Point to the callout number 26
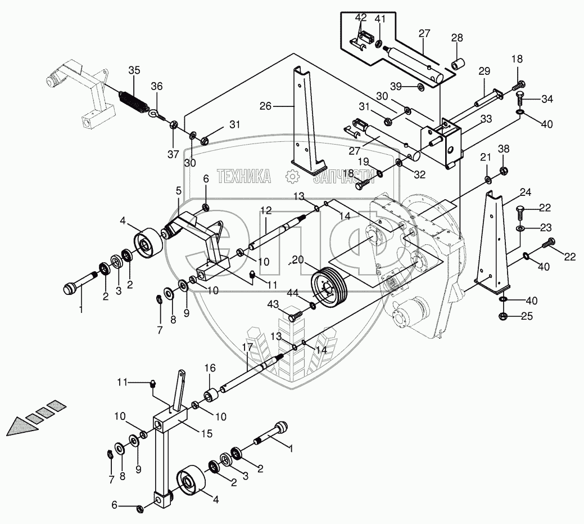[x=266, y=105]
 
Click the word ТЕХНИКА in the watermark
[x=243, y=176]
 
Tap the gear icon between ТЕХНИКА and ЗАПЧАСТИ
[x=292, y=176]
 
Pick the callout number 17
[x=247, y=347]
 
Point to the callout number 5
[x=179, y=190]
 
